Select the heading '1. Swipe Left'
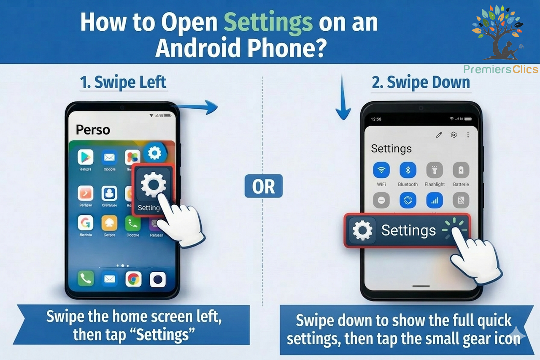(x=123, y=83)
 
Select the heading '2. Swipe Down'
(x=421, y=83)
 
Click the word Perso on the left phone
(x=93, y=130)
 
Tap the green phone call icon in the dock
(x=86, y=279)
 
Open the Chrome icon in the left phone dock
(x=133, y=279)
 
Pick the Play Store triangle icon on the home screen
(x=86, y=157)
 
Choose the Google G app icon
(x=86, y=222)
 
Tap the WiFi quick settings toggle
(x=381, y=170)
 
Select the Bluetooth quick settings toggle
(x=408, y=170)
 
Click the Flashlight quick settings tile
(x=435, y=170)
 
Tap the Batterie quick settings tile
(x=461, y=170)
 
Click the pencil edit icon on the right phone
(x=439, y=135)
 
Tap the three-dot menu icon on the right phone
(x=468, y=135)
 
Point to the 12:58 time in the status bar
(x=376, y=119)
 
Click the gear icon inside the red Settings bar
(x=362, y=230)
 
